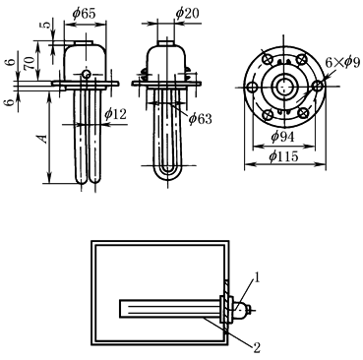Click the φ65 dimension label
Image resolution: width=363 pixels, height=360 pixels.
pos(85,14)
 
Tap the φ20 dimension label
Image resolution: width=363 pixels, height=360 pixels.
pos(187,13)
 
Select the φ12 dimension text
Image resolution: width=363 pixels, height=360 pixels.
pos(115,114)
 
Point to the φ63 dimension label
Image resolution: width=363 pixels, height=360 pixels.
pos(201,118)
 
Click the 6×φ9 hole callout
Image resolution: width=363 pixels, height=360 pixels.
pos(342,62)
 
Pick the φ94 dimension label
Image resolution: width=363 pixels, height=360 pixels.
pos(282,136)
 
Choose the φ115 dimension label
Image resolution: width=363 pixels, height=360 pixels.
pos(284,156)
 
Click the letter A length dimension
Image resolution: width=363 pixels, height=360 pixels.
pos(43,139)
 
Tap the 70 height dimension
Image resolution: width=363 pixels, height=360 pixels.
pos(30,63)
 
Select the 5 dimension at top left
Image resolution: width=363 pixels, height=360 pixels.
pos(47,25)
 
